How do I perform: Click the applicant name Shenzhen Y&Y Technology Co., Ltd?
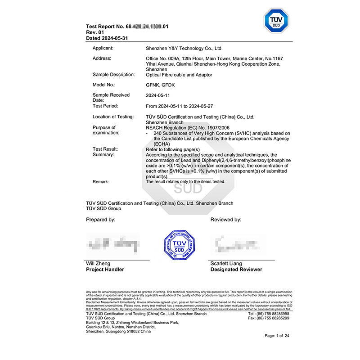pos(184,48)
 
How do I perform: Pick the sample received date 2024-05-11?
pos(159,95)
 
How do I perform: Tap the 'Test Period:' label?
pos(105,106)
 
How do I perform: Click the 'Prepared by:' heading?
pos(101,220)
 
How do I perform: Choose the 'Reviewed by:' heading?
pos(226,220)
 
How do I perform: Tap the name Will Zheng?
pos(98,264)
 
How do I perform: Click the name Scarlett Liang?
pos(226,264)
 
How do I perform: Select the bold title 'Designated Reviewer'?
pos(236,270)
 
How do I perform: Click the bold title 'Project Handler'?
pos(105,270)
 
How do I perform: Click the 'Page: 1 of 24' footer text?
pos(277,336)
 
